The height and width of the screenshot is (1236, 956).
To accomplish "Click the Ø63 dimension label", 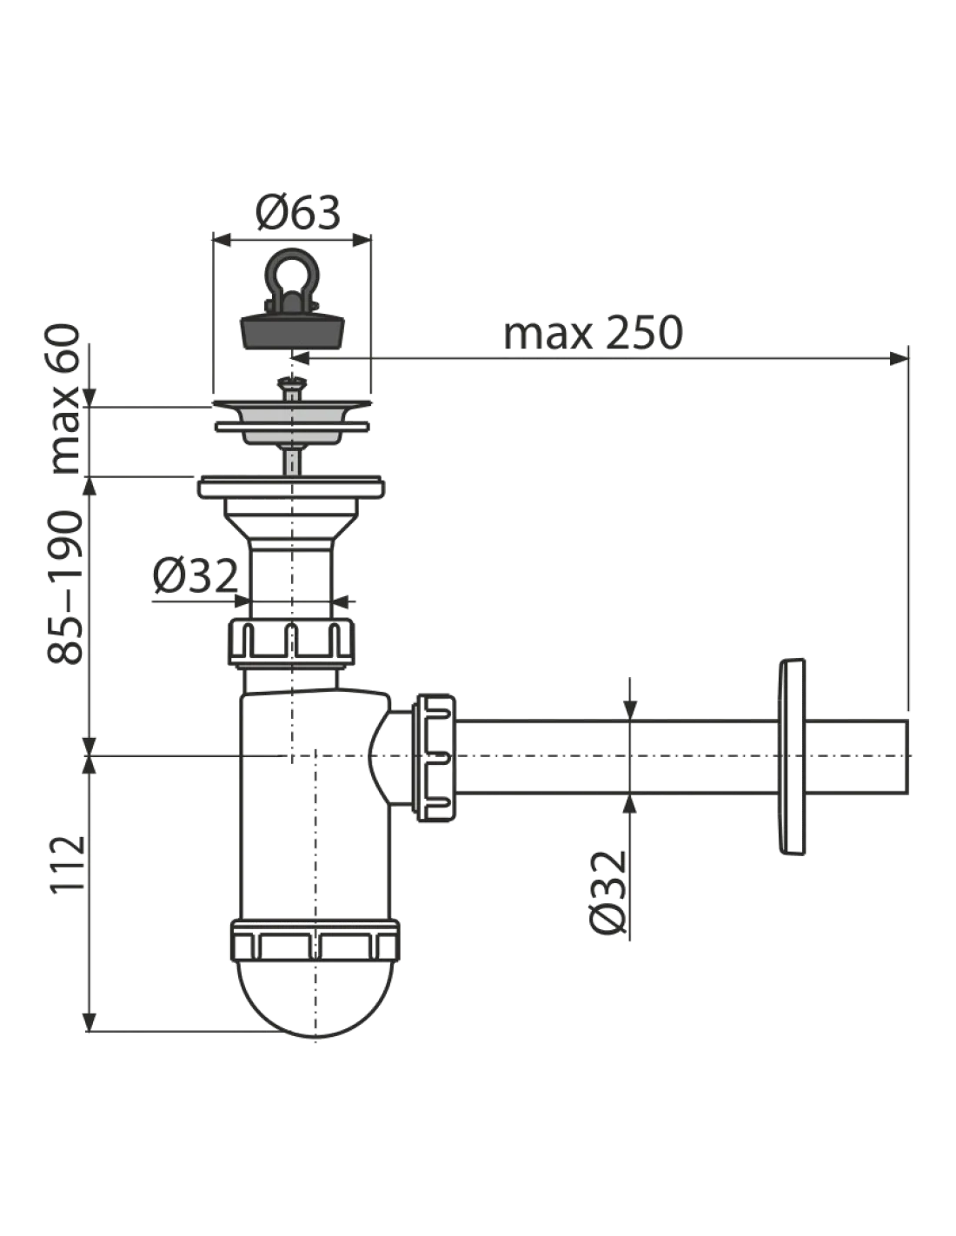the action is tap(297, 213).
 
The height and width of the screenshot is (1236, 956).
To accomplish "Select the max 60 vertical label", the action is tap(65, 399).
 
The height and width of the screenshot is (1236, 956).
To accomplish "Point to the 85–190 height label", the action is tap(65, 588).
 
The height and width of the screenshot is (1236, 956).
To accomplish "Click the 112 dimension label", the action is tap(69, 865).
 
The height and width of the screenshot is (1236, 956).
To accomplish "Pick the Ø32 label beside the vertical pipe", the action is tap(195, 575).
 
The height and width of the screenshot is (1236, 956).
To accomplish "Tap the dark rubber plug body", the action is tap(294, 329).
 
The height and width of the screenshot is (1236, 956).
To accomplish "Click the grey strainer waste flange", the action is tap(292, 421).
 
